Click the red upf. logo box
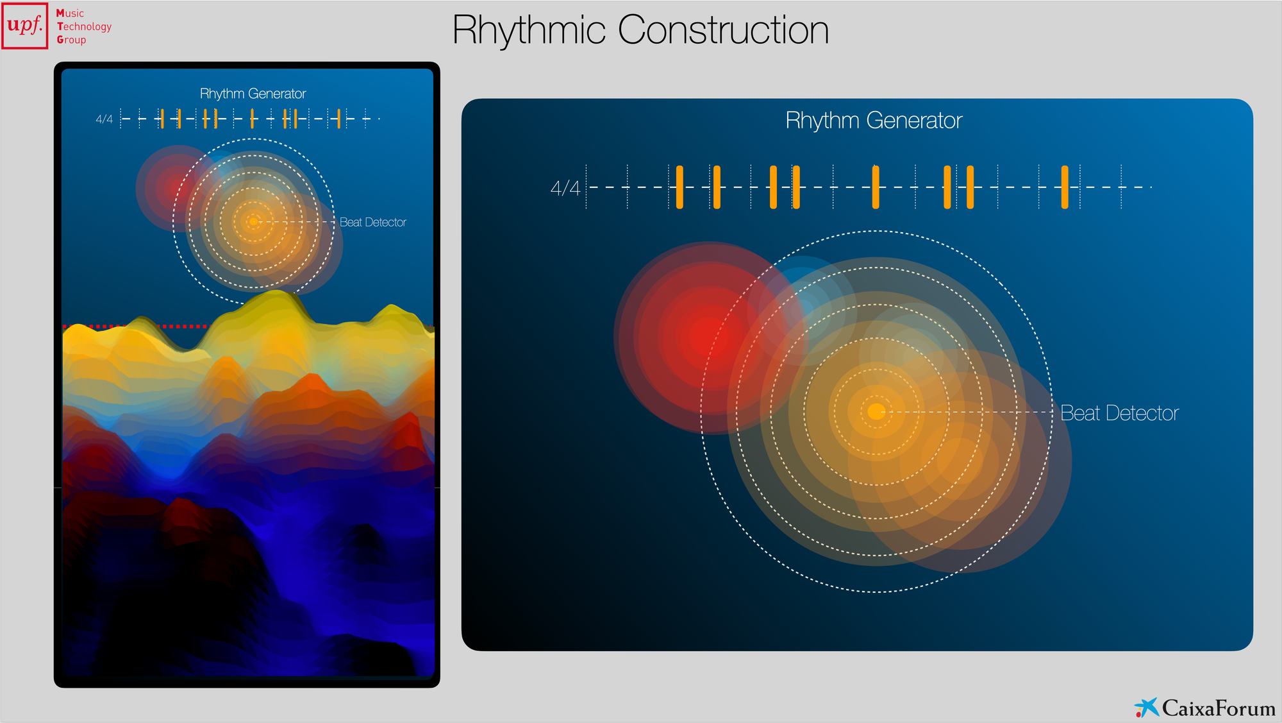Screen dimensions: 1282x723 tap(25, 26)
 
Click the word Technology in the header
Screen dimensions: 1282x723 tap(84, 27)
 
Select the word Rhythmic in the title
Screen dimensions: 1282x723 tap(529, 30)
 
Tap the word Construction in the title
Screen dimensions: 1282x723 tap(723, 30)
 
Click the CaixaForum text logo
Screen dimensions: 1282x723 tap(1219, 708)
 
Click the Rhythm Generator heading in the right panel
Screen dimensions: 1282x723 tap(874, 121)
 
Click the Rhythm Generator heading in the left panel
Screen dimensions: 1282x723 tap(253, 94)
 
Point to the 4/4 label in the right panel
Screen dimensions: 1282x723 tap(565, 188)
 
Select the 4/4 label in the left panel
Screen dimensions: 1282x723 tap(104, 119)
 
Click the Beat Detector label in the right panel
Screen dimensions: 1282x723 tap(1119, 413)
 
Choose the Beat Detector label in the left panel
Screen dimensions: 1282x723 tap(373, 223)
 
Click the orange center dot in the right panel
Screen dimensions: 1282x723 tap(876, 412)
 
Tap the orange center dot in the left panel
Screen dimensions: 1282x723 tap(253, 222)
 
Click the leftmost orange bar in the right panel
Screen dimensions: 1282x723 tap(679, 187)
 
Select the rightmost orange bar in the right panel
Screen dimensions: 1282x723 tap(1065, 187)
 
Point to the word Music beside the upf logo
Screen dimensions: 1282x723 tap(70, 13)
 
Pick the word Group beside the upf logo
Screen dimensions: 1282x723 tap(71, 40)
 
